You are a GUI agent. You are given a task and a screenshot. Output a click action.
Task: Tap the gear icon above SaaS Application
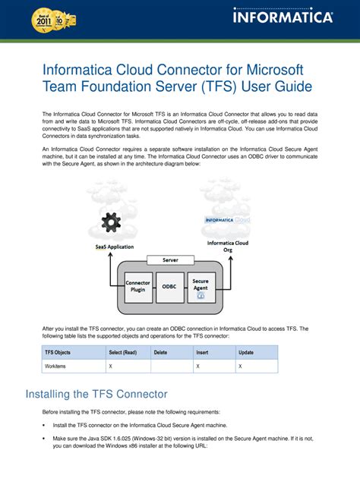[x=112, y=222]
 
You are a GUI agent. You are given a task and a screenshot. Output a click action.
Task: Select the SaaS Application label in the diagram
[x=114, y=247]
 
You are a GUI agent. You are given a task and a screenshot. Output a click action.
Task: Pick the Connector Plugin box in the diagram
[x=137, y=287]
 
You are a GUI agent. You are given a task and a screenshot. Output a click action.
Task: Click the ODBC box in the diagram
[x=169, y=287]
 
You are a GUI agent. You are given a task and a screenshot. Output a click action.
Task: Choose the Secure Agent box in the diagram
[x=201, y=287]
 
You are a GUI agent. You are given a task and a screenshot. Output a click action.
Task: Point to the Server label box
[x=169, y=259]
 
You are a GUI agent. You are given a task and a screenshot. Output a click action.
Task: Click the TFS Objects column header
[x=58, y=352]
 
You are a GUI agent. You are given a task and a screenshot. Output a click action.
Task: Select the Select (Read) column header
[x=122, y=352]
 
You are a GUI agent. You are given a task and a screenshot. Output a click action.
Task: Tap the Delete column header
[x=161, y=352]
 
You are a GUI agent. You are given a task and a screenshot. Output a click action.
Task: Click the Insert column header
[x=202, y=352]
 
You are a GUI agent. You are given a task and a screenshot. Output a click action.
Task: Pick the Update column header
[x=246, y=352]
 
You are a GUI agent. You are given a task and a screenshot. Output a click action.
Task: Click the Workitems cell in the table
[x=55, y=366]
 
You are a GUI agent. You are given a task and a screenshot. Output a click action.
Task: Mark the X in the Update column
[x=240, y=366]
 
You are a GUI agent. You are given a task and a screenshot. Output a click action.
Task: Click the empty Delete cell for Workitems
[x=171, y=366]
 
